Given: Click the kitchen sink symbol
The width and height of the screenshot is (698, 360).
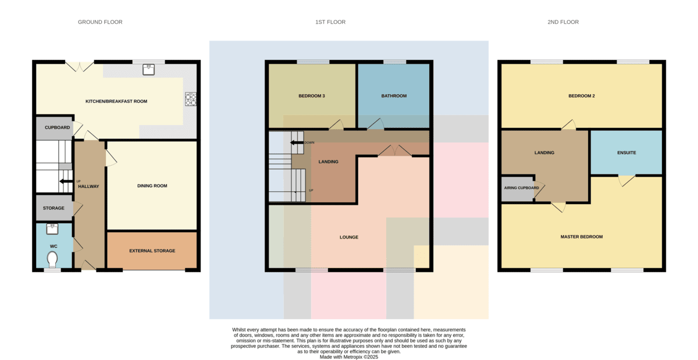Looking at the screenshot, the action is click(149, 70).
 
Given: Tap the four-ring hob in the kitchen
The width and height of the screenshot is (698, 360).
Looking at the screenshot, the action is click(191, 99).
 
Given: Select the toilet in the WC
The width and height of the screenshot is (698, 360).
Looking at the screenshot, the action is click(52, 259).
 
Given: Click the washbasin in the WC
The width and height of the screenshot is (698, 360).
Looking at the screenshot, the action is click(52, 229).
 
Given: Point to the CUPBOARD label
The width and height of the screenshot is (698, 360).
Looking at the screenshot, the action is click(58, 127).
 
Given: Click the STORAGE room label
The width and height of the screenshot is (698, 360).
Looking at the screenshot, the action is click(54, 208).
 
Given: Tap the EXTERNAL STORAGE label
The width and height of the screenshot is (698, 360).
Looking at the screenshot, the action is click(152, 251).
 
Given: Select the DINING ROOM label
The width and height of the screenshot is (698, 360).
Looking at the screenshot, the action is click(152, 186).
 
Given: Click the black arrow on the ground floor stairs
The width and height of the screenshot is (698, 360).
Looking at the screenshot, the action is click(66, 181).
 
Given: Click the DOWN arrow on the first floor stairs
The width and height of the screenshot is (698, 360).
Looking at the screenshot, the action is click(297, 142).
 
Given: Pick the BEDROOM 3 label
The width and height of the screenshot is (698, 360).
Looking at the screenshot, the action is click(312, 96).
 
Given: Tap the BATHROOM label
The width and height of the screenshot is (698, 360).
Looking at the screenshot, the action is click(394, 96).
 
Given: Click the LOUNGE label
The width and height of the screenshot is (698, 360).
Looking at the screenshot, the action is click(349, 237).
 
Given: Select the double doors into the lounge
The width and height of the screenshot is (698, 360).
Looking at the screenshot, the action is click(395, 151).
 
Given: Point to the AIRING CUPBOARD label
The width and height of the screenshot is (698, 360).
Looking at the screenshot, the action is click(522, 188).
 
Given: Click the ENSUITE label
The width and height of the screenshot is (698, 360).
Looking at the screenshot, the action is click(626, 152).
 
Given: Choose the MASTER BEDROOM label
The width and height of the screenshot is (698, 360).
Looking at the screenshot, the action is click(582, 237).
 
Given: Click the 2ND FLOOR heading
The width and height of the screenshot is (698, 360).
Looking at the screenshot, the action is click(563, 22).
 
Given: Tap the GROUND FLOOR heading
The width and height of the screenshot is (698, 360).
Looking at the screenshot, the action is click(100, 22).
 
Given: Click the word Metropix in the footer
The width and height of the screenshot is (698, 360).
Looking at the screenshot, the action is click(353, 357).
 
